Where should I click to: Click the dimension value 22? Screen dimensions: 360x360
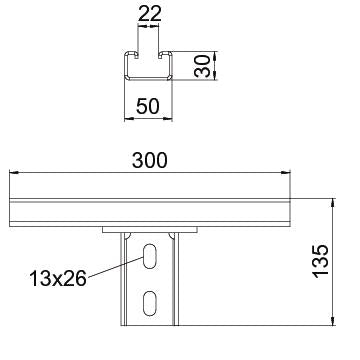[149, 13]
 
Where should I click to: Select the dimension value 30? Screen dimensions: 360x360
[202, 66]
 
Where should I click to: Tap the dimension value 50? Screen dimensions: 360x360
[148, 107]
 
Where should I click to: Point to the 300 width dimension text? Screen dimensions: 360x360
[150, 160]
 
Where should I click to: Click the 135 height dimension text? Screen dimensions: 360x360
[321, 261]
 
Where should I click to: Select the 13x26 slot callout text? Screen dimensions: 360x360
[58, 279]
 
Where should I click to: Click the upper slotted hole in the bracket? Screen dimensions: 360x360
[150, 256]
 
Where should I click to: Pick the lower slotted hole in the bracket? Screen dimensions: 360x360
[150, 303]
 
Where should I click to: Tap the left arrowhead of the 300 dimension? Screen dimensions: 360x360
[14, 172]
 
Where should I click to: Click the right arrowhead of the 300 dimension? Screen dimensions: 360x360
[286, 172]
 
